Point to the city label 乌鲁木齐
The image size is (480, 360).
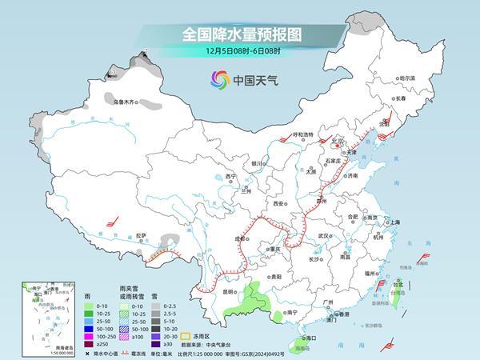(x=126, y=102)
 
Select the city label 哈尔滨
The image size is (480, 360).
(x=408, y=78)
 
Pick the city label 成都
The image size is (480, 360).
(x=241, y=238)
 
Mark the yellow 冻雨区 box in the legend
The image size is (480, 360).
(x=182, y=336)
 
